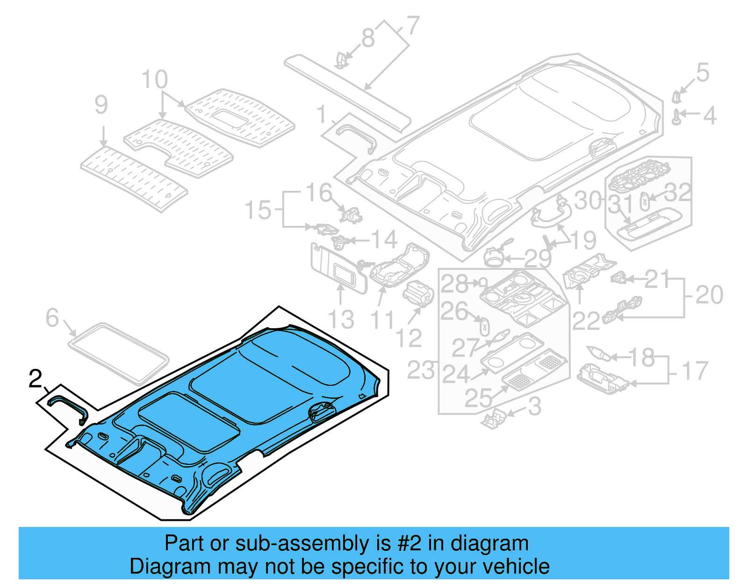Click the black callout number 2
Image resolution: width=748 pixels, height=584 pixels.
(36, 379)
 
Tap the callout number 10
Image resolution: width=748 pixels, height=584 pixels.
(154, 79)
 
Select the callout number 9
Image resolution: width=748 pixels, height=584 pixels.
(101, 105)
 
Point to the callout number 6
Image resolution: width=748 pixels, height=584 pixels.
(52, 318)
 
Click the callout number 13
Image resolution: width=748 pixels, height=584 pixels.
(341, 320)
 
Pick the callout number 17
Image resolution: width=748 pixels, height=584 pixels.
(695, 371)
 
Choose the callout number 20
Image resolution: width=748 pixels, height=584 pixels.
(709, 295)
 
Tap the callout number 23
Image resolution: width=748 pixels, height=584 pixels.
(421, 370)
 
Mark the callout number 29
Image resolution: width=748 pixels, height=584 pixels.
(538, 258)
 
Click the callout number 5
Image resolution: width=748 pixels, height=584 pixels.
(703, 72)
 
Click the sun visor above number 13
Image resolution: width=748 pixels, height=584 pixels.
(337, 269)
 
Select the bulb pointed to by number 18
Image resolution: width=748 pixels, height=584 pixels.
(598, 353)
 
